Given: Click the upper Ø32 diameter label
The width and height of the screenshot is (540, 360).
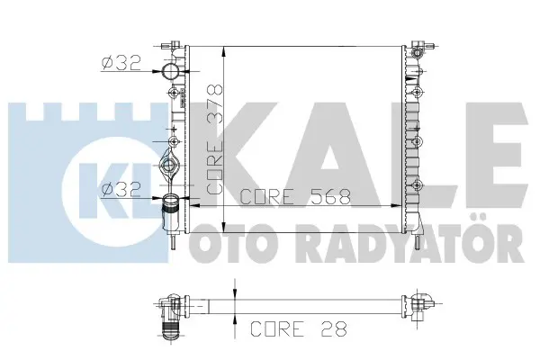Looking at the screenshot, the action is click(121, 63).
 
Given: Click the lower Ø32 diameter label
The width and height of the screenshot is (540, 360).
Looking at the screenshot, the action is click(121, 189).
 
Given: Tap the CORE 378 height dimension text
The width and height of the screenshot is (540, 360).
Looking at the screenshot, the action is click(215, 139).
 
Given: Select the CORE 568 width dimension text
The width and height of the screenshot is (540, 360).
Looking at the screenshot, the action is click(295, 197).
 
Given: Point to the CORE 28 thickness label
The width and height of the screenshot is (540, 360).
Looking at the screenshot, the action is click(299, 328).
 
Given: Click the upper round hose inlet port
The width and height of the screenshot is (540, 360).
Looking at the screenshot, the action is click(171, 71).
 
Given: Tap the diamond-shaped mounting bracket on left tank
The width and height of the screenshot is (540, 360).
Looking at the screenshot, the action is click(169, 165).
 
